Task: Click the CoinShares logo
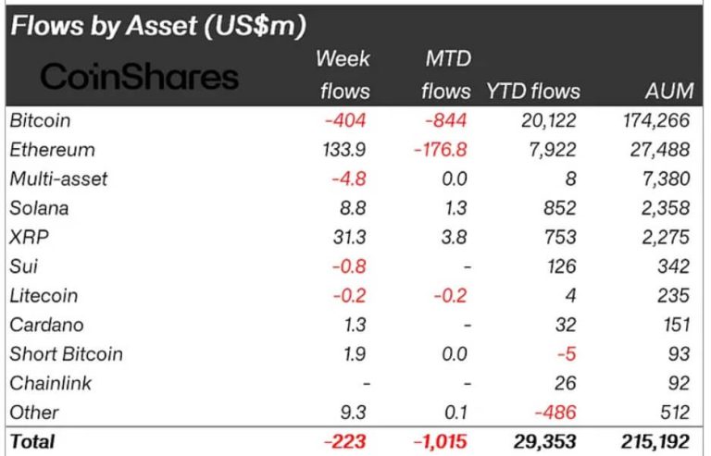click(x=140, y=77)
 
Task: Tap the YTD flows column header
click(x=532, y=91)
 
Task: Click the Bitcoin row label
click(x=40, y=120)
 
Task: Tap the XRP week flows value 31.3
click(x=353, y=237)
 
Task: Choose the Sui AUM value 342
click(x=673, y=266)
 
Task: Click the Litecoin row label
click(x=44, y=296)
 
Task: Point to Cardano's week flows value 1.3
click(x=357, y=325)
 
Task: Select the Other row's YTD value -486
click(x=556, y=413)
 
